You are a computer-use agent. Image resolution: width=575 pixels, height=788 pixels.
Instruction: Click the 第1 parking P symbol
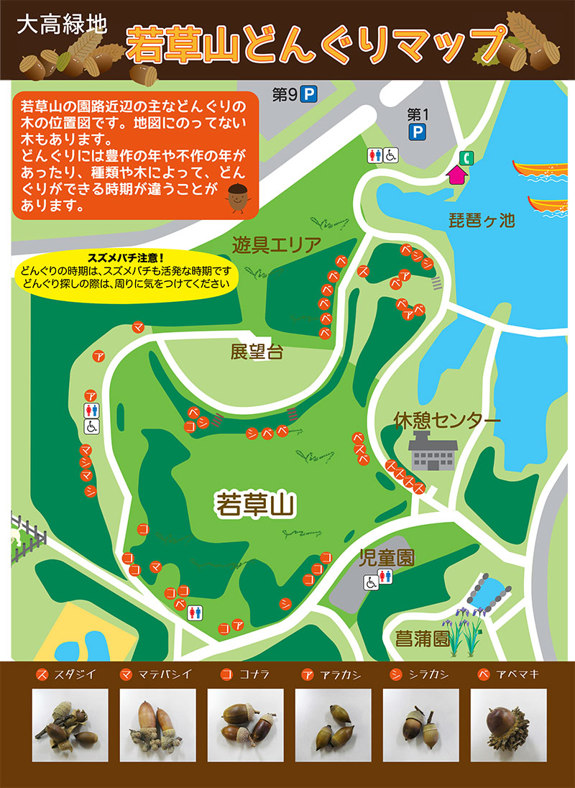click(x=417, y=131)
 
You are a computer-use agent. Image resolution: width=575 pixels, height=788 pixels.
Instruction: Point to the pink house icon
click(x=456, y=174)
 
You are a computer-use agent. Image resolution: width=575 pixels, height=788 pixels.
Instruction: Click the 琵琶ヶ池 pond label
click(x=487, y=221)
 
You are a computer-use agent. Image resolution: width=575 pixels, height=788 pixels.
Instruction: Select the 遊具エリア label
click(x=276, y=245)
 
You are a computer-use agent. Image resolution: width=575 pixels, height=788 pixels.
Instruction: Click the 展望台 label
click(x=257, y=352)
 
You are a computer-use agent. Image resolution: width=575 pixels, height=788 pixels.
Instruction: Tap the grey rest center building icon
click(x=433, y=452)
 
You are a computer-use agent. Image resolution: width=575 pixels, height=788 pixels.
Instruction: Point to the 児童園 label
click(x=387, y=557)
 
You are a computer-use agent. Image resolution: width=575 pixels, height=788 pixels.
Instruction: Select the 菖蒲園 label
click(x=422, y=638)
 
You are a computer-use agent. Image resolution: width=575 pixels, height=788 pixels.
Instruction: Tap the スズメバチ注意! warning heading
click(x=126, y=257)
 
